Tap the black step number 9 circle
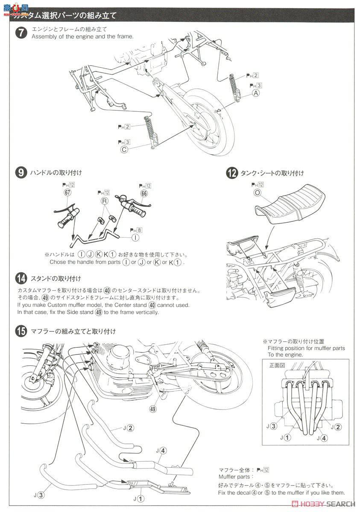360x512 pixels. pyautogui.click(x=21, y=173)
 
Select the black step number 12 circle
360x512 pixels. pyautogui.click(x=232, y=173)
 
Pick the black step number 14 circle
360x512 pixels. pyautogui.click(x=21, y=279)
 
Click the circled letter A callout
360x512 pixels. pyautogui.click(x=256, y=93)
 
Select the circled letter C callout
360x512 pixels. pyautogui.click(x=124, y=149)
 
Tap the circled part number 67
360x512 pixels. pyautogui.click(x=68, y=192)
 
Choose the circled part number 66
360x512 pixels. pyautogui.click(x=144, y=193)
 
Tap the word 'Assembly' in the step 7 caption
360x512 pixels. pyautogui.click(x=43, y=36)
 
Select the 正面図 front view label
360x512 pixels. pyautogui.click(x=275, y=365)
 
